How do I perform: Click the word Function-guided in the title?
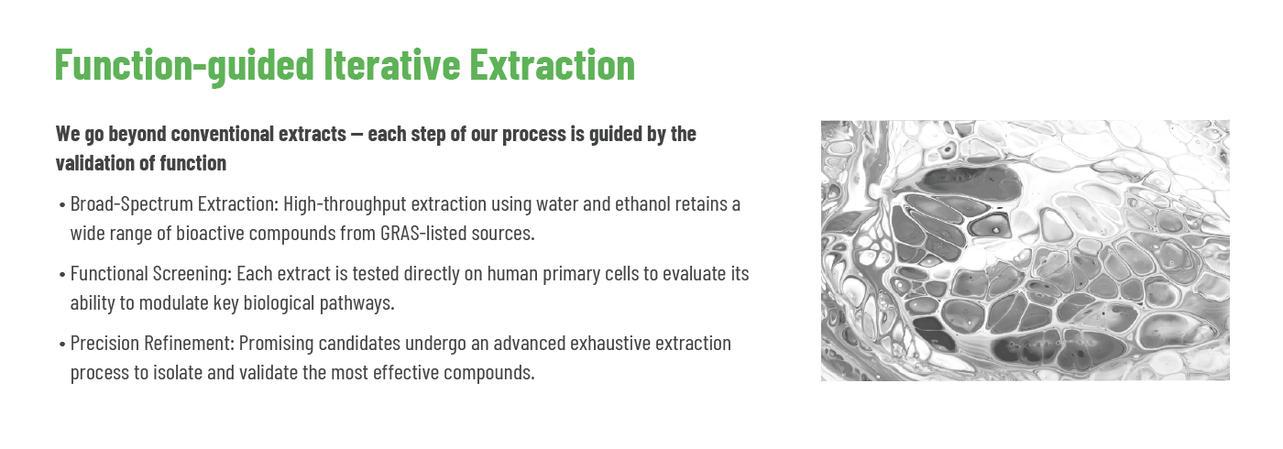(x=184, y=65)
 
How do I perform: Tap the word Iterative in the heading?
(x=392, y=64)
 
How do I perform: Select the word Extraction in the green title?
(x=552, y=64)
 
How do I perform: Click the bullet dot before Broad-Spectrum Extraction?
(x=62, y=205)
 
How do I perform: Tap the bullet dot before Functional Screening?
(x=62, y=276)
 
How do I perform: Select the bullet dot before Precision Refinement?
(x=62, y=345)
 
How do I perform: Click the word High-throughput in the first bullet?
(x=345, y=204)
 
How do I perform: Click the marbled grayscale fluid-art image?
(x=1025, y=250)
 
